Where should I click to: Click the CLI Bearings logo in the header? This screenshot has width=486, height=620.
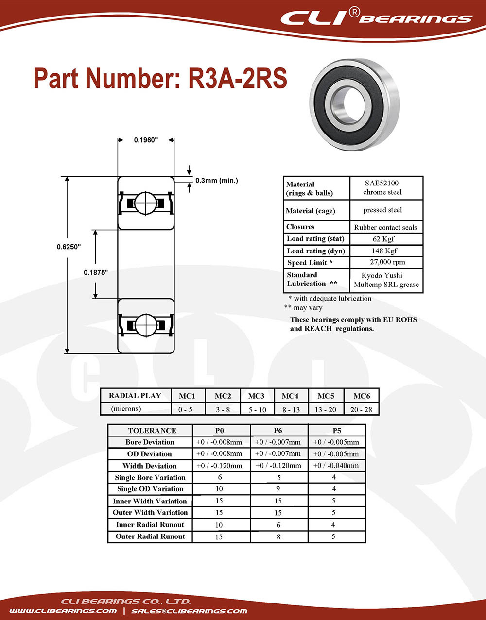tap(376, 17)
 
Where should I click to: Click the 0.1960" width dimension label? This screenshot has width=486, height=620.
tap(146, 140)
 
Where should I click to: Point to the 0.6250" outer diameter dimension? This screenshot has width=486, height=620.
tap(69, 247)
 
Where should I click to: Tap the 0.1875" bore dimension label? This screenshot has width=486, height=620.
tap(96, 272)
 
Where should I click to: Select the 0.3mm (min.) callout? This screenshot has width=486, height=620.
tap(217, 180)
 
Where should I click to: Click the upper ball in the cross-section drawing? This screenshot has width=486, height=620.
tap(146, 203)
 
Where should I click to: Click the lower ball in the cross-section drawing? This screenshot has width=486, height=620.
tap(146, 325)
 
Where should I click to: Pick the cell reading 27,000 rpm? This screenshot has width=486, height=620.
tap(387, 262)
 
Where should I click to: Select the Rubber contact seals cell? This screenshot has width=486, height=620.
tap(385, 227)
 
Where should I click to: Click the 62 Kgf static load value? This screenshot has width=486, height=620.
tap(383, 239)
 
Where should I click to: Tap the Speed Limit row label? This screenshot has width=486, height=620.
tap(310, 263)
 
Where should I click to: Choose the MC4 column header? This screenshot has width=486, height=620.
tap(290, 396)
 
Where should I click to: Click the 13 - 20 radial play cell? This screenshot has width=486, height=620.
tap(326, 410)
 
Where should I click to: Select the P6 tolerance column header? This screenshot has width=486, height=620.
tap(278, 431)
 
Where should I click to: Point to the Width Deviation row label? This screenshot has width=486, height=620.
tap(150, 466)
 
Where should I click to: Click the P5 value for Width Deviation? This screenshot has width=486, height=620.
tap(336, 466)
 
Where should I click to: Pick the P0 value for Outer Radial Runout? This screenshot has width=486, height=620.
tap(219, 537)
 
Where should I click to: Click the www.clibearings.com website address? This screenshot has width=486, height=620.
tap(63, 611)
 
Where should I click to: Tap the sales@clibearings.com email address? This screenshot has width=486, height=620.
tap(190, 611)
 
